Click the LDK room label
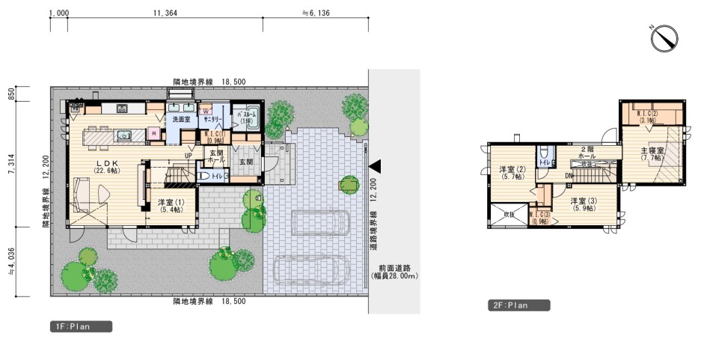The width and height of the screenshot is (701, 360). coord(102,165)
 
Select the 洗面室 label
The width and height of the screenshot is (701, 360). coord(180,119)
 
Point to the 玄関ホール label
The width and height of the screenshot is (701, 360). coord(215,156)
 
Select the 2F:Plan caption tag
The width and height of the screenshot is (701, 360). coord(519,305)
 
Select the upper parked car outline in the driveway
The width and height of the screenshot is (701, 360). coord(320,223)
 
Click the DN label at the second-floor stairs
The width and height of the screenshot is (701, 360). coord(570,176)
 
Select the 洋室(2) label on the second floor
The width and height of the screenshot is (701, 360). coord(513,173)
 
